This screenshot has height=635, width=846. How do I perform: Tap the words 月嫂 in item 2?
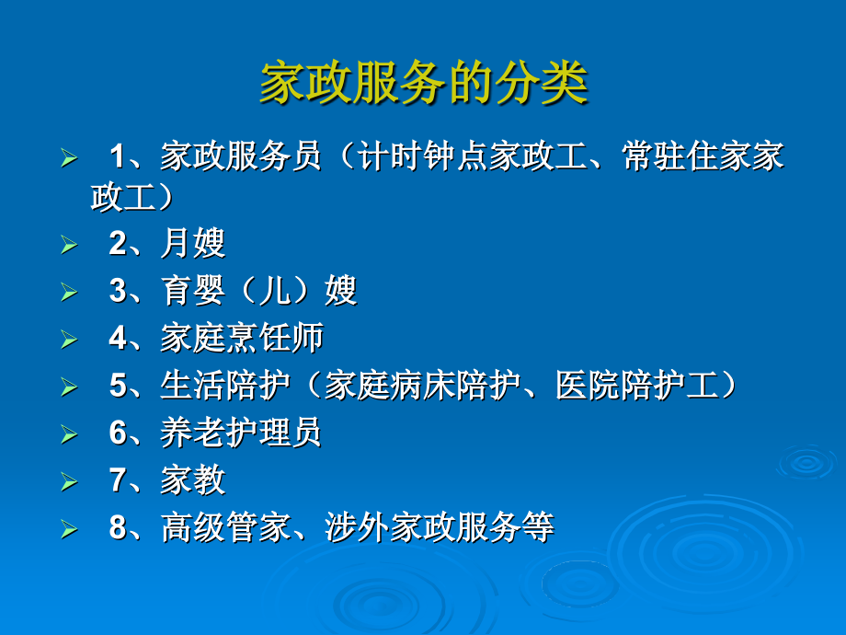192,243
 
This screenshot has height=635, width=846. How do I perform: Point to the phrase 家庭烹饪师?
241,339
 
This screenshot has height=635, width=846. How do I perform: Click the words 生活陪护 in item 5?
224,386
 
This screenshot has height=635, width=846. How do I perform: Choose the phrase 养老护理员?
241,433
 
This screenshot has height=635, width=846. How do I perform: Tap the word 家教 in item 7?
192,480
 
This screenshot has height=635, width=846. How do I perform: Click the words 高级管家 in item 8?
224,528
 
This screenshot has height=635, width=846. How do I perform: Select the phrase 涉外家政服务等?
440,528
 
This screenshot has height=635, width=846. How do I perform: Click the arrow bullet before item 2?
69,245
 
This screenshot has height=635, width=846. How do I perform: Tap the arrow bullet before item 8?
69,530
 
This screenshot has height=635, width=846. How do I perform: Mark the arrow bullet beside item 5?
69,387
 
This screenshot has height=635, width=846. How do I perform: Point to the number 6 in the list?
118,433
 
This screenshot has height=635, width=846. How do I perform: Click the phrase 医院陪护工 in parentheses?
636,386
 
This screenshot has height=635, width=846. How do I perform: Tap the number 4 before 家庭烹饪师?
118,339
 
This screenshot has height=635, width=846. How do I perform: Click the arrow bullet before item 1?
69,158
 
